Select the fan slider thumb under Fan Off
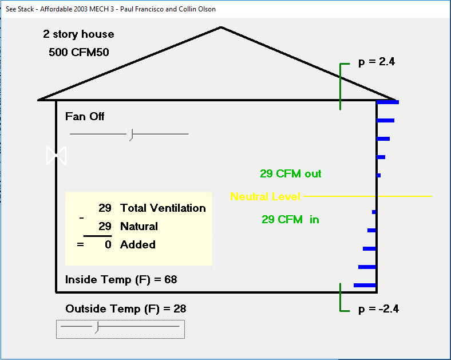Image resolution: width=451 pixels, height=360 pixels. pyautogui.click(x=130, y=134)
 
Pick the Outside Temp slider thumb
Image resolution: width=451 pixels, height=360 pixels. pyautogui.click(x=97, y=327)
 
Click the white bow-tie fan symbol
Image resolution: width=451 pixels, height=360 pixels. pyautogui.click(x=57, y=155)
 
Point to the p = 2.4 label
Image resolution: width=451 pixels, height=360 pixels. pyautogui.click(x=377, y=62)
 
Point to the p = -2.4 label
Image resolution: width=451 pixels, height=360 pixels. pyautogui.click(x=378, y=308)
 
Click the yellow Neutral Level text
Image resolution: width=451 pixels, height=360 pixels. pyautogui.click(x=265, y=196)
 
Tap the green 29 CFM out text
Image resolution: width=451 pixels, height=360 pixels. pyautogui.click(x=290, y=173)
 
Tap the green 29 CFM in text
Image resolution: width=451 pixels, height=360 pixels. pyautogui.click(x=290, y=219)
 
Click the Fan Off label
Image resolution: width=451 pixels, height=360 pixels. pyautogui.click(x=85, y=116)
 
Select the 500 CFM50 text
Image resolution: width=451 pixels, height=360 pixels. pyautogui.click(x=79, y=52)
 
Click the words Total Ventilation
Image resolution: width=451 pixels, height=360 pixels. pyautogui.click(x=163, y=208)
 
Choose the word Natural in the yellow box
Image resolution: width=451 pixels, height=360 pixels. pyautogui.click(x=139, y=226)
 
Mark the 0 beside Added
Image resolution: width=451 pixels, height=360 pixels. pyautogui.click(x=108, y=244)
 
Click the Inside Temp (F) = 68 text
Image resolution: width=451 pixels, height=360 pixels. pyautogui.click(x=121, y=280)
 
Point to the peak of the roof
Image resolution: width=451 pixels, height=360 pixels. pyautogui.click(x=221, y=27)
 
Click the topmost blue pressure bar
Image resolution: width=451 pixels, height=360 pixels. pyautogui.click(x=387, y=102)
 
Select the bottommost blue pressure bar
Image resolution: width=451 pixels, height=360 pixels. pyautogui.click(x=365, y=285)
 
